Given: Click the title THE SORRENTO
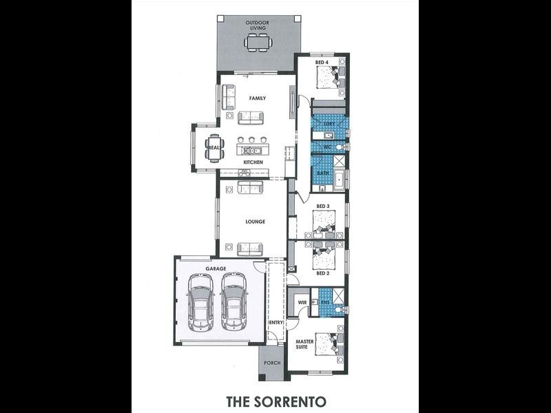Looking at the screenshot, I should (x=275, y=399).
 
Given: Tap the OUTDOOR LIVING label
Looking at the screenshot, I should (x=258, y=25).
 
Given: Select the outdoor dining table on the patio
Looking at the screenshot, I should (x=258, y=44).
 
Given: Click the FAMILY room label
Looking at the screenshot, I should (x=257, y=98).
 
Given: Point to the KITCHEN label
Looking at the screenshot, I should (x=253, y=162).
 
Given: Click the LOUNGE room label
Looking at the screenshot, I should (x=256, y=222).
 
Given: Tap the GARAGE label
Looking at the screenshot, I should (x=217, y=268).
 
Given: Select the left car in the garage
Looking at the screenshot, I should (x=202, y=301).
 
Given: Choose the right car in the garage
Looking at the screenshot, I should (x=233, y=301).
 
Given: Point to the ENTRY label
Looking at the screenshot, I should (x=275, y=322).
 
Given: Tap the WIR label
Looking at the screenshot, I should (x=301, y=303).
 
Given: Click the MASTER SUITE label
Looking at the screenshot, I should (x=305, y=345).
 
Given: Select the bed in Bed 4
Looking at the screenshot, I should (x=328, y=80).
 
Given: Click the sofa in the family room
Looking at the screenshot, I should (x=251, y=118).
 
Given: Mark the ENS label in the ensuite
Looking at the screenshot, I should (x=326, y=301).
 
